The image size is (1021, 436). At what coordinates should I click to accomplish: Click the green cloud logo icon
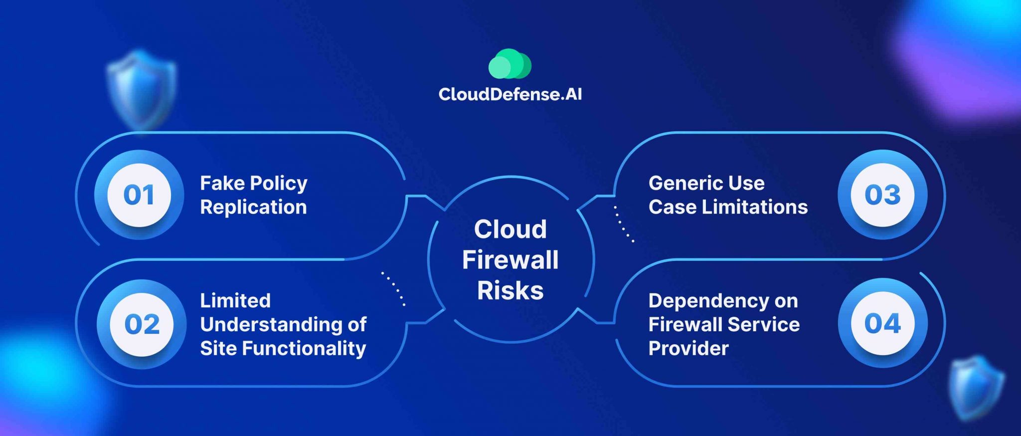[x=510, y=64]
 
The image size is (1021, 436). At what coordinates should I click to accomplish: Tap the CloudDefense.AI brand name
[x=510, y=94]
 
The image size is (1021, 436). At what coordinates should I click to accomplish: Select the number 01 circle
[x=139, y=195]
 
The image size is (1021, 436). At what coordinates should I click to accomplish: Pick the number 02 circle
[x=142, y=324]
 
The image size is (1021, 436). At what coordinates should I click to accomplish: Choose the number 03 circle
[x=882, y=195]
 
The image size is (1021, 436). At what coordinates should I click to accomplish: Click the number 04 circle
[x=882, y=323]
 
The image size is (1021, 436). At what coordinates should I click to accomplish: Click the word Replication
[x=253, y=207]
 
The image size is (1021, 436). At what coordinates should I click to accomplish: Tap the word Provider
[x=688, y=348]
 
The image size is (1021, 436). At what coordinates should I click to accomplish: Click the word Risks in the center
[x=510, y=290]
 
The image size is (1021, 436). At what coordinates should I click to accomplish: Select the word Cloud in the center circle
[x=510, y=229]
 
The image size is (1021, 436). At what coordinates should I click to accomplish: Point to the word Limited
[x=235, y=301]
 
